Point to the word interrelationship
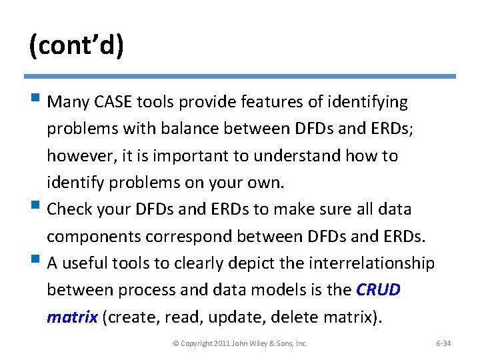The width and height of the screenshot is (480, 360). tap(372, 263)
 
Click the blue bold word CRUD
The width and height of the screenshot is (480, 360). tap(379, 290)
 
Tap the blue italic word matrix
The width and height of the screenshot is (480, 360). tap(71, 317)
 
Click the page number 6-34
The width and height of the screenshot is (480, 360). tap(443, 343)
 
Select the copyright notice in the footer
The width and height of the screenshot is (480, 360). tap(240, 343)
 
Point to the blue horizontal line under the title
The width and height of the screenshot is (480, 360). tap(240, 76)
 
